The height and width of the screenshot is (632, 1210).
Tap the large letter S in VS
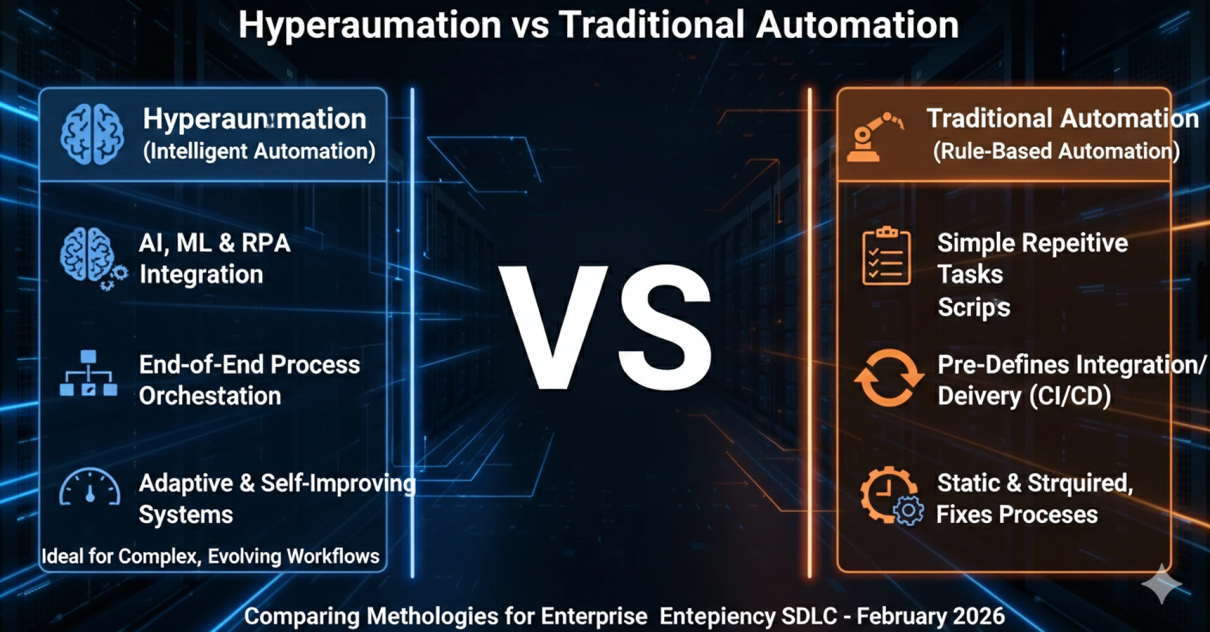[666, 326]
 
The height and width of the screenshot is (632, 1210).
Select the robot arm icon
[874, 136]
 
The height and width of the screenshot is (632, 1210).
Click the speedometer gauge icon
[89, 488]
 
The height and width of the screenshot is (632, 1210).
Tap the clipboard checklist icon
[886, 256]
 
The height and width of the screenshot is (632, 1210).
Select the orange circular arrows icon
[889, 378]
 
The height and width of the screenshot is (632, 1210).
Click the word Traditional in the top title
[652, 25]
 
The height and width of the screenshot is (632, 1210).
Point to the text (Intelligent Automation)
[259, 151]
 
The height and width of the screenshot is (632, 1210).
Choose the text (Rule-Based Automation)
[1056, 151]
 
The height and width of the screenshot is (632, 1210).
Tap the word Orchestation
[210, 396]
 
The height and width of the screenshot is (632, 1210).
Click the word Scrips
[974, 307]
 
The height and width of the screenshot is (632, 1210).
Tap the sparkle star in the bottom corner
[1161, 583]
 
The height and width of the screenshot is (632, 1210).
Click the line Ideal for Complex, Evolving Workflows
[210, 556]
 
